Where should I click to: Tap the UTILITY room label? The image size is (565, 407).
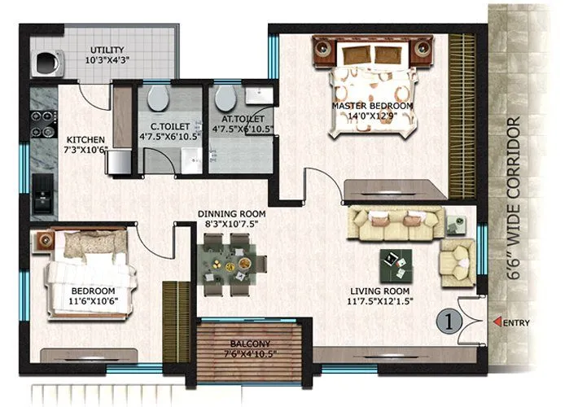108,49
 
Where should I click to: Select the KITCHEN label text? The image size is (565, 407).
85,138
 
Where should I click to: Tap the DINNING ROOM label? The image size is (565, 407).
232,213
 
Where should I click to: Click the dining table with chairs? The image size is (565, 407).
233,263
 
